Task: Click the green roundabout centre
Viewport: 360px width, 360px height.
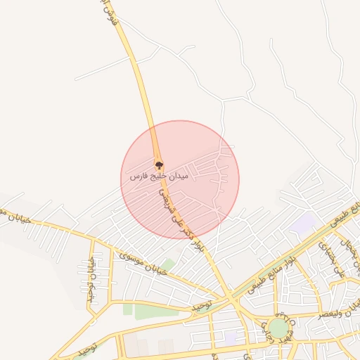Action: click(x=278, y=328)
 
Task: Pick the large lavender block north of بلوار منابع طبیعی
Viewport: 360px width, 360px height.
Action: click(x=303, y=224)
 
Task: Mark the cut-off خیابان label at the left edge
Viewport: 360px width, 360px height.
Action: click(x=14, y=217)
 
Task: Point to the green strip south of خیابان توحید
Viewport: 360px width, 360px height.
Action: click(x=151, y=312)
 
